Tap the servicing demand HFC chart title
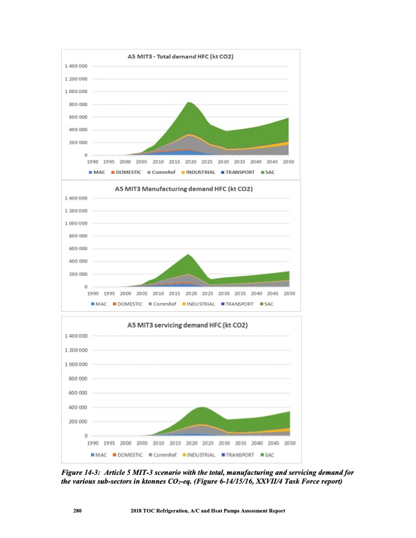(187, 325)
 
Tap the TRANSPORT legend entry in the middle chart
(242, 303)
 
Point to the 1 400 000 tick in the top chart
(76, 66)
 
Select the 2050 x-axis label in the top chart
(288, 162)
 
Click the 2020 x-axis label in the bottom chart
(191, 443)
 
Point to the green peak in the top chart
(190, 102)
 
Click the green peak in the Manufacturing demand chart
(188, 255)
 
